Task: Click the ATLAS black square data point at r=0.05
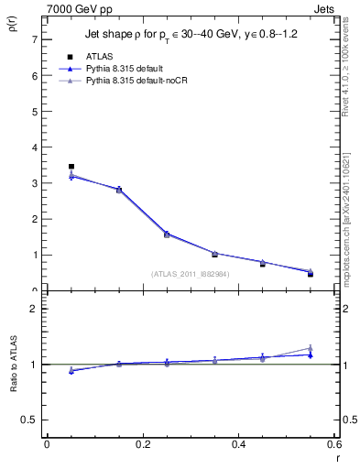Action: click(71, 167)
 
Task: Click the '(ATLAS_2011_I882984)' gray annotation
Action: click(190, 274)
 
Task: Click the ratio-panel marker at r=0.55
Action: click(311, 352)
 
